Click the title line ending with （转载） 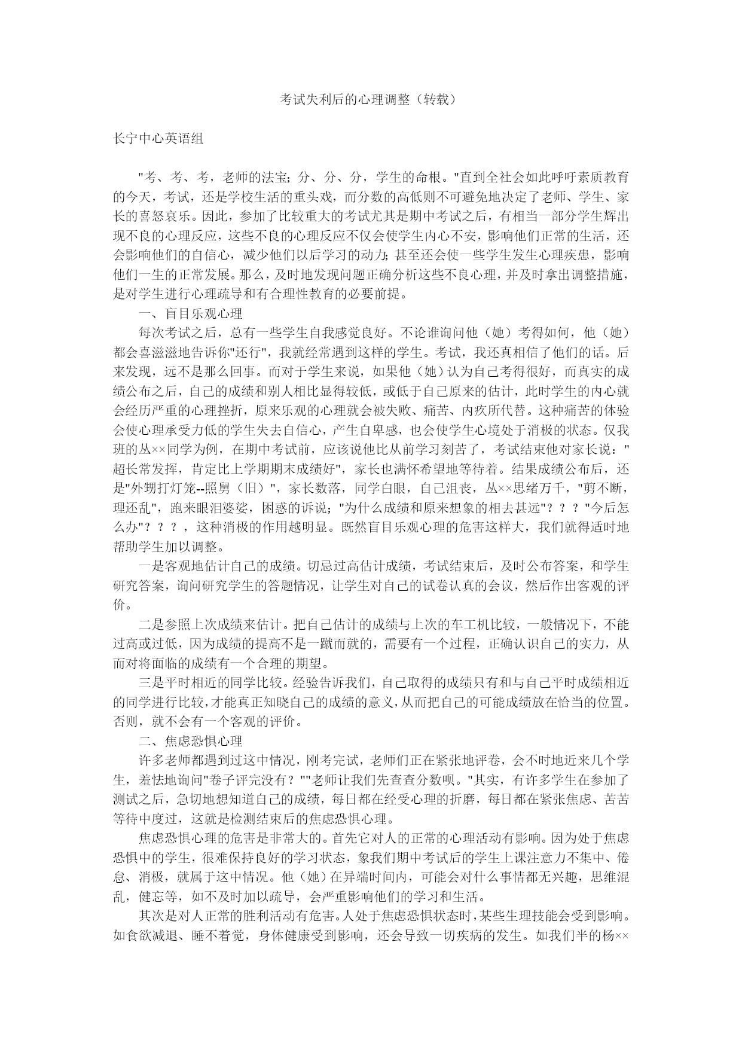coord(371,99)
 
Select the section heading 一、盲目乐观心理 coord(190,313)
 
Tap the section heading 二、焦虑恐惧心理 coord(190,741)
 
